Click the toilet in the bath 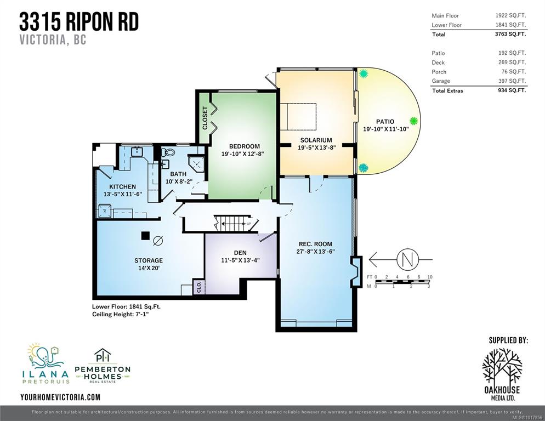click(x=169, y=152)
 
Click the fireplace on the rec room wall click(x=356, y=271)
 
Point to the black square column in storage click(x=145, y=236)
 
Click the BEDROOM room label click(x=245, y=146)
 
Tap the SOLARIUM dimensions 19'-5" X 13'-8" click(x=316, y=147)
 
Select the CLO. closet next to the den click(x=199, y=287)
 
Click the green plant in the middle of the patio click(x=413, y=121)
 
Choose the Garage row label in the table click(x=441, y=81)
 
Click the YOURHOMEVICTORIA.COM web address click(x=60, y=397)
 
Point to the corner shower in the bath click(x=196, y=163)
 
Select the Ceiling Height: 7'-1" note click(x=122, y=314)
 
